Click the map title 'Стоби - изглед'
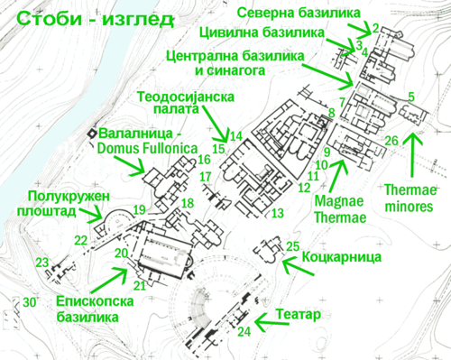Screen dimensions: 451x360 [x=96, y=19]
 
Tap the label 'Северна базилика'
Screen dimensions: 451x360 [x=299, y=13]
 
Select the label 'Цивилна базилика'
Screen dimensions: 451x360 [x=262, y=32]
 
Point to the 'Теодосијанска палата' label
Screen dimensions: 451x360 [x=186, y=103]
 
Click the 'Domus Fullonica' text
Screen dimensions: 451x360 [x=147, y=149]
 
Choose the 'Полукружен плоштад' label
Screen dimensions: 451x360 [x=64, y=204]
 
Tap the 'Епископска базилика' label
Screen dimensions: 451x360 [x=95, y=309]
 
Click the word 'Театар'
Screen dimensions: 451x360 [x=299, y=315]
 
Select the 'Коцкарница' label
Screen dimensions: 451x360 [x=342, y=257]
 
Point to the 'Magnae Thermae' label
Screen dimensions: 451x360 [x=340, y=209]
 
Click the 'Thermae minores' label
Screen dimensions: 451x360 [x=410, y=198]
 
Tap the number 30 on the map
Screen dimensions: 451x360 [x=30, y=302]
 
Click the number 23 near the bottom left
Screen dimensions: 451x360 [x=42, y=263]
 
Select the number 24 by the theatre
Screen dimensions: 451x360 [x=244, y=332]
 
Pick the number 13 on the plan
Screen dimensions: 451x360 [x=278, y=213]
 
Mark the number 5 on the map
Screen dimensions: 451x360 [x=411, y=97]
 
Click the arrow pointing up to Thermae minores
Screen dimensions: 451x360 [x=412, y=155]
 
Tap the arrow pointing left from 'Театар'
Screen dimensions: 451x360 [x=272, y=322]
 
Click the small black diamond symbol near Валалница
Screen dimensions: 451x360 [x=92, y=134]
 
